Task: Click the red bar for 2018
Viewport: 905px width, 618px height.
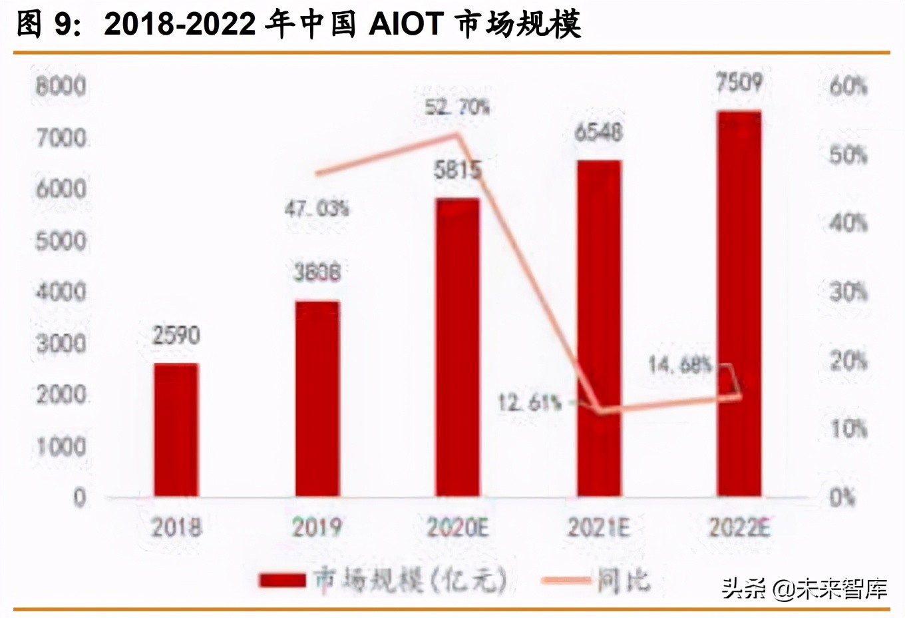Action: click(x=176, y=430)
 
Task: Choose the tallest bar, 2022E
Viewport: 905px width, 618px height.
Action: click(x=739, y=303)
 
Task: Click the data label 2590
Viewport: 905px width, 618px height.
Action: click(x=176, y=335)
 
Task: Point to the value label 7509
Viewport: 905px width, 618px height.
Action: click(x=739, y=83)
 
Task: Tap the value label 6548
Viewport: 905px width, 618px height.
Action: click(x=598, y=133)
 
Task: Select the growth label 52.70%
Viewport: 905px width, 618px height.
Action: click(x=457, y=107)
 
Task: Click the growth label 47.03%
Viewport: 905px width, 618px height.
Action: click(x=317, y=208)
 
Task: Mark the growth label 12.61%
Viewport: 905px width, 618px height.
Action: click(x=530, y=402)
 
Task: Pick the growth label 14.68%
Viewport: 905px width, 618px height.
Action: click(x=680, y=364)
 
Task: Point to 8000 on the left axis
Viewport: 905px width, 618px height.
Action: click(x=61, y=86)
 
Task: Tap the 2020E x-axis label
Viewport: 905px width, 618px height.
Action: click(x=457, y=527)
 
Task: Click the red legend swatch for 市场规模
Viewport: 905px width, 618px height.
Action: click(x=282, y=581)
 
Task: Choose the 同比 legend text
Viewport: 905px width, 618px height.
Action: click(x=623, y=581)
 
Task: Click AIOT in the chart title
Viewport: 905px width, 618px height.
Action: click(x=406, y=25)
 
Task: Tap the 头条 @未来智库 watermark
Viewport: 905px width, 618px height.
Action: click(x=805, y=589)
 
